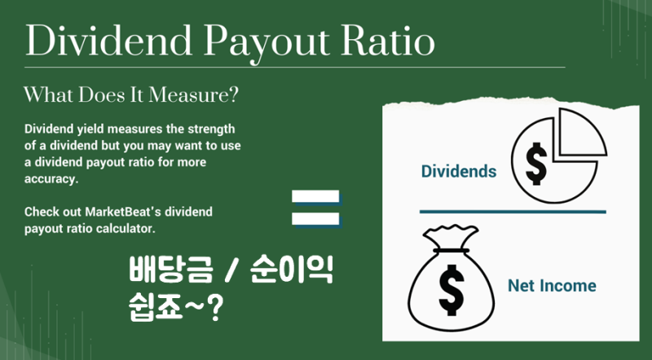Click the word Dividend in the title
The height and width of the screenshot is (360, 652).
click(108, 42)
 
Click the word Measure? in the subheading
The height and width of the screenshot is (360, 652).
click(194, 94)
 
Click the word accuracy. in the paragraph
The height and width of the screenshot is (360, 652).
click(51, 178)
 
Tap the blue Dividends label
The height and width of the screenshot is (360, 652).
click(459, 171)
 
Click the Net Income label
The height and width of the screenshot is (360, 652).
click(552, 286)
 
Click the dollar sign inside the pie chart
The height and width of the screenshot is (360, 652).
click(536, 164)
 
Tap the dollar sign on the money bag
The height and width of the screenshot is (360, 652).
click(452, 289)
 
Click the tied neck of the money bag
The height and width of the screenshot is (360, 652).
click(452, 250)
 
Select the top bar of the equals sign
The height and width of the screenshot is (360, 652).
click(316, 196)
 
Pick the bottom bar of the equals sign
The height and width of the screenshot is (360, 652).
click(316, 219)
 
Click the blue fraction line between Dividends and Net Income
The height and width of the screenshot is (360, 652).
click(513, 212)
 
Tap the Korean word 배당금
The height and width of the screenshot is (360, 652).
click(170, 270)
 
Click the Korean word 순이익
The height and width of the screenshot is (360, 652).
click(292, 270)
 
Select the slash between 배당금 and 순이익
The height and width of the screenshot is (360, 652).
click(231, 270)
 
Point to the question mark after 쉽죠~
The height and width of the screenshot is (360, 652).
click(215, 309)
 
